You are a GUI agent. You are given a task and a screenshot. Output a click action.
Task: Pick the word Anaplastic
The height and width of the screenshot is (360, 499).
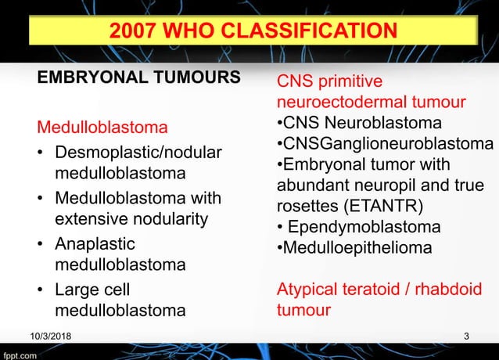[x=95, y=243]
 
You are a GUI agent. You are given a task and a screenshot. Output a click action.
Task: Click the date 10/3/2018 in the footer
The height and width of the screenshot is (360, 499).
[x=49, y=337]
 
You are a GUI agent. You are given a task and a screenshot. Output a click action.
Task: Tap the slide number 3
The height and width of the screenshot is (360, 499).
[x=466, y=337]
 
